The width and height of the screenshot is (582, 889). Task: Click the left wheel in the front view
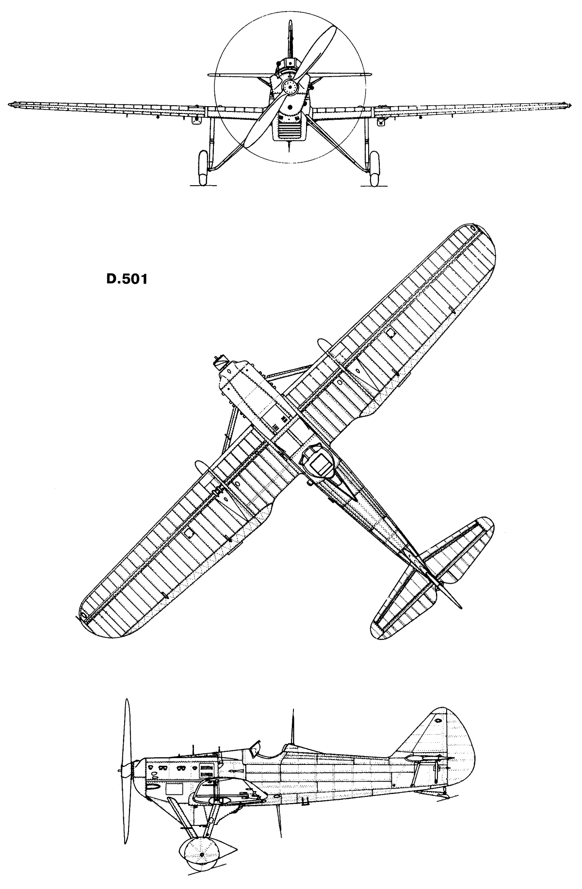click(203, 168)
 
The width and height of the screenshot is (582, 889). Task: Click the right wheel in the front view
click(374, 168)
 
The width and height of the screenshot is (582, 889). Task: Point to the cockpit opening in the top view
click(318, 461)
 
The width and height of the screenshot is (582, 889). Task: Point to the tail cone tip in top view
click(459, 606)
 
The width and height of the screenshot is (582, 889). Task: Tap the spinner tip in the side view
click(119, 769)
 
